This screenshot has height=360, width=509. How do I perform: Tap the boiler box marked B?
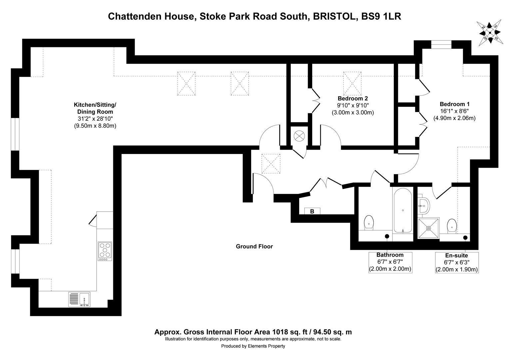[x=312, y=211]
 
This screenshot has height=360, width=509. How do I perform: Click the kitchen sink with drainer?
[x=79, y=299]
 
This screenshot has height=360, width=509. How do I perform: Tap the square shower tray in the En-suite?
[x=428, y=228]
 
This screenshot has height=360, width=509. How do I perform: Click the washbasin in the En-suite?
[x=424, y=205]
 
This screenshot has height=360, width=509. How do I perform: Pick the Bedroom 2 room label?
[x=352, y=99]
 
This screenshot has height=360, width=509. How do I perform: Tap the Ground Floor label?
[x=254, y=247]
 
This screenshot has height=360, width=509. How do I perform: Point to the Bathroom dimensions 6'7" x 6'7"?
[x=390, y=262]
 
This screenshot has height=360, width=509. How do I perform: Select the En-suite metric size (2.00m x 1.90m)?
[x=457, y=269]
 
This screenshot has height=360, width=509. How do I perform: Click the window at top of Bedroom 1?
[x=441, y=44]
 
